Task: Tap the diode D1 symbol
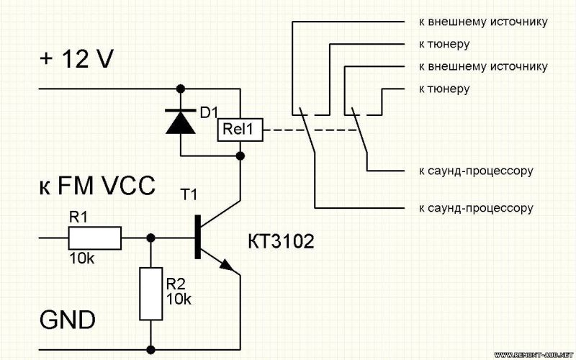180,120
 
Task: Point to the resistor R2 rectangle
150,293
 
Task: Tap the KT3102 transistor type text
282,242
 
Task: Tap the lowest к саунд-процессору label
475,208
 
